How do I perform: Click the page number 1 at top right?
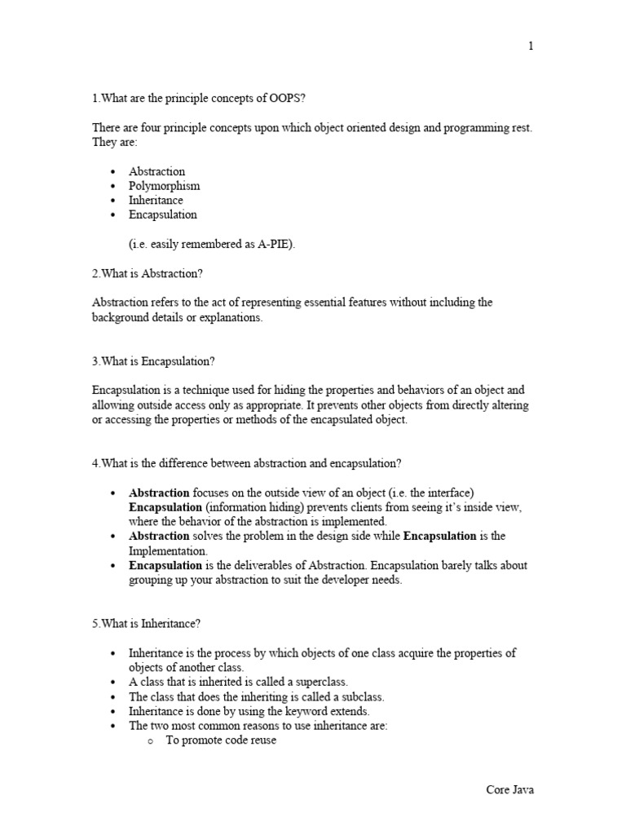click(x=531, y=46)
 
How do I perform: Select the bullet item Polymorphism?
click(x=164, y=186)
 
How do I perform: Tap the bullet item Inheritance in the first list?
click(x=156, y=201)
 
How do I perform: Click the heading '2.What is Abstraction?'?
click(x=152, y=273)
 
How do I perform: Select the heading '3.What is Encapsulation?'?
click(x=153, y=361)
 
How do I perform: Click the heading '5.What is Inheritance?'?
click(x=147, y=624)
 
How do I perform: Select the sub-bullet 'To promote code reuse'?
click(x=221, y=740)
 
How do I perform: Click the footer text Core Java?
click(x=510, y=790)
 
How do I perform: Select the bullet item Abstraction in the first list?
click(x=156, y=171)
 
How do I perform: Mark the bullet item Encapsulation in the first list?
click(x=163, y=215)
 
